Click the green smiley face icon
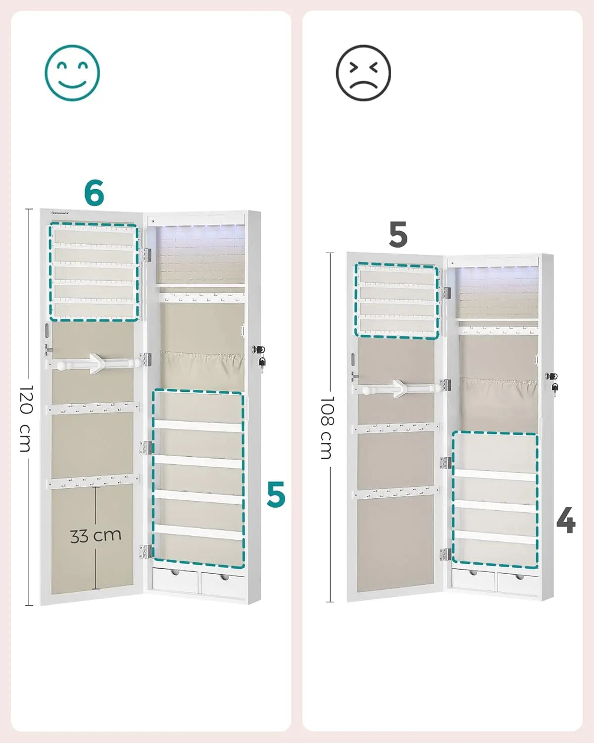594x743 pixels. click(x=72, y=72)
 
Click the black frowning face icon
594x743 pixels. click(x=363, y=72)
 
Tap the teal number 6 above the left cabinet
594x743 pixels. click(x=94, y=192)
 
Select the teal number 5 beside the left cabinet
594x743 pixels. click(x=276, y=494)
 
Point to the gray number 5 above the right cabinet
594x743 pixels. click(x=398, y=234)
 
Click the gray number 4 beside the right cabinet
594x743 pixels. click(x=566, y=520)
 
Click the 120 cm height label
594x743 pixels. click(x=26, y=419)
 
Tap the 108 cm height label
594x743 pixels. click(x=327, y=427)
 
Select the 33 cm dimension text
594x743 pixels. click(x=96, y=535)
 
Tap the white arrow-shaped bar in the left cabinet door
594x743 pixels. click(x=94, y=363)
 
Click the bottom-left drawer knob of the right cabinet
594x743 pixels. click(x=473, y=573)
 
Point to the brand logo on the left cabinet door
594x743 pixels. click(x=61, y=213)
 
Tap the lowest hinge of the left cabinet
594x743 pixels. click(x=146, y=551)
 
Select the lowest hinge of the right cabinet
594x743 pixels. click(x=445, y=554)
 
